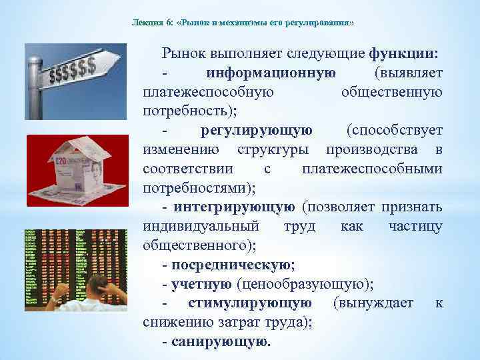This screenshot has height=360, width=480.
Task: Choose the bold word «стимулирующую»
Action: coord(249,303)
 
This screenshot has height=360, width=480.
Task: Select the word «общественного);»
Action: coord(199,245)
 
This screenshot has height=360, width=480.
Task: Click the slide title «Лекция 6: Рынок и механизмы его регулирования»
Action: coord(243,23)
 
